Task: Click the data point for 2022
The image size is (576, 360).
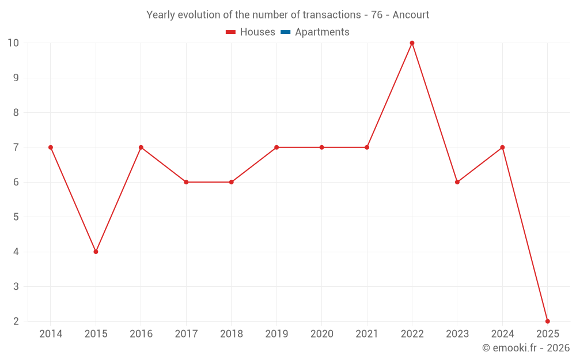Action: click(x=412, y=43)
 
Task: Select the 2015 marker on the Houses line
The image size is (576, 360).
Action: click(x=96, y=252)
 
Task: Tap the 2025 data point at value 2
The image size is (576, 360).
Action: click(x=547, y=321)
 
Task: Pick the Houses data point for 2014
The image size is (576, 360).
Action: click(x=51, y=147)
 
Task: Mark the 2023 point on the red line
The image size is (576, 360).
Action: click(x=457, y=182)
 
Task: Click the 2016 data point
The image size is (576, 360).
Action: click(x=141, y=147)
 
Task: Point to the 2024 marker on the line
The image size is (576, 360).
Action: click(x=502, y=147)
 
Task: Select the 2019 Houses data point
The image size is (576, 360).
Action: click(x=276, y=147)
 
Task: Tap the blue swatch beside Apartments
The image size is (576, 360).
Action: click(x=285, y=32)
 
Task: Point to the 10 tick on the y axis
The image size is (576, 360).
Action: click(x=13, y=43)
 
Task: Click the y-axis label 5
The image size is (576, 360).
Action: click(x=16, y=217)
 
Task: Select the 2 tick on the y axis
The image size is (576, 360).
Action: click(x=16, y=321)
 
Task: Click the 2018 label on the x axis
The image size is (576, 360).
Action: click(x=231, y=334)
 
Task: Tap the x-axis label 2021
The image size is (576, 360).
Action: click(x=367, y=334)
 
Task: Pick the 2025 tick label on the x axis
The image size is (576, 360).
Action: click(x=547, y=334)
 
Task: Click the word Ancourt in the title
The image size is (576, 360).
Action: click(x=411, y=15)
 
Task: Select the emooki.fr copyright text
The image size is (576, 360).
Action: click(x=526, y=348)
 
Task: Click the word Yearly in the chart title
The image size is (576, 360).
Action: click(x=161, y=15)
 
